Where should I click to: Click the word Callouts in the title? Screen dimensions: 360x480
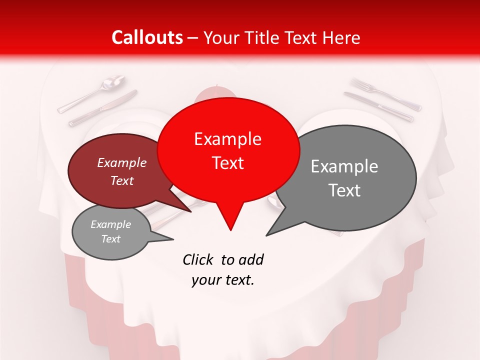click(x=147, y=37)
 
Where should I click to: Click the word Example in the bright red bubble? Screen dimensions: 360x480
click(x=227, y=139)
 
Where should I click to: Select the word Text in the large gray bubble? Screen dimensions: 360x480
click(x=344, y=190)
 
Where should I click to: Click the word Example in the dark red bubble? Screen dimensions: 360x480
click(x=122, y=163)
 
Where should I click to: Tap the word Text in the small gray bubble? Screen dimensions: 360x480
click(x=111, y=239)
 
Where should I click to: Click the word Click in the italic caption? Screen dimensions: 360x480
click(x=198, y=259)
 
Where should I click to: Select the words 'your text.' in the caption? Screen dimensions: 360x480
click(x=223, y=280)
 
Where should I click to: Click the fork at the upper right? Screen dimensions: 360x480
click(x=385, y=93)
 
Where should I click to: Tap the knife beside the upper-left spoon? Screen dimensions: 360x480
click(x=102, y=108)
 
